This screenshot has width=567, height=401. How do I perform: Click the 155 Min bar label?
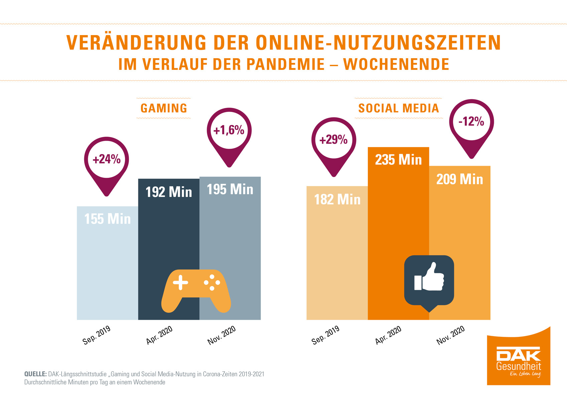click(x=108, y=219)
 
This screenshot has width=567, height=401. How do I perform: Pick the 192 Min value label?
click(x=169, y=192)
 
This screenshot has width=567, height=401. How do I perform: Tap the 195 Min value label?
click(x=230, y=189)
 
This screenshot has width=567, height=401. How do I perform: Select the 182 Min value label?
click(x=337, y=200)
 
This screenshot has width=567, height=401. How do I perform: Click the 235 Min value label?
click(x=398, y=160)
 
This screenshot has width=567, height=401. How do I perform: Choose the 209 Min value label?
click(x=460, y=179)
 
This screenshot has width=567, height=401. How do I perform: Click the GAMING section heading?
click(x=164, y=108)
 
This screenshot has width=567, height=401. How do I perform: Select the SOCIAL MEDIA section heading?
click(x=399, y=108)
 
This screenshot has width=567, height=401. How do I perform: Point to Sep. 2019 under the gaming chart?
click(x=97, y=335)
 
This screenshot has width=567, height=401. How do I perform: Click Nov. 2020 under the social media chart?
click(x=451, y=335)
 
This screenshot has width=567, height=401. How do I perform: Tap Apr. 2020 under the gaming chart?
click(x=159, y=335)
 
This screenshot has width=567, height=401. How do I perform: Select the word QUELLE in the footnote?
click(x=35, y=374)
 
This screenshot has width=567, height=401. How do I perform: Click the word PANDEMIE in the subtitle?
click(x=286, y=64)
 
